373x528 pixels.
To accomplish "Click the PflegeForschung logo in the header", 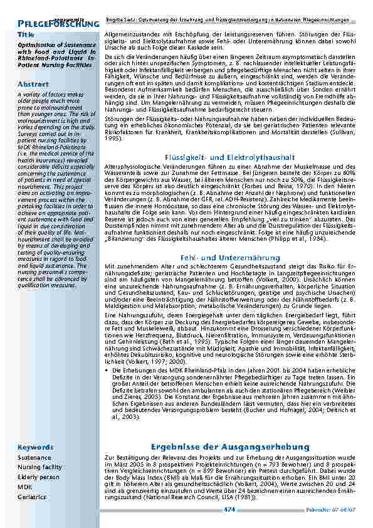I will pos(58,23).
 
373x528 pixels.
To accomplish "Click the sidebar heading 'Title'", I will pos(26,34).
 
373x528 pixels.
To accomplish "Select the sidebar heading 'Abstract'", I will pos(33,83).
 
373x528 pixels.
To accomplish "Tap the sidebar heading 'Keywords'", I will pos(35,448).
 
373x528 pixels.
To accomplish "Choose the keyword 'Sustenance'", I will pos(34,458).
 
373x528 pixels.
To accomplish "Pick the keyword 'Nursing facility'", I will pos(39,467).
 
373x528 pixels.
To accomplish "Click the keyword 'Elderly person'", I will pos(38,477).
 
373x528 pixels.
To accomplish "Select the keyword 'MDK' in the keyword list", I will pos(24,487).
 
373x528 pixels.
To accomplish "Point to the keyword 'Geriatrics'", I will pos(32,497).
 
